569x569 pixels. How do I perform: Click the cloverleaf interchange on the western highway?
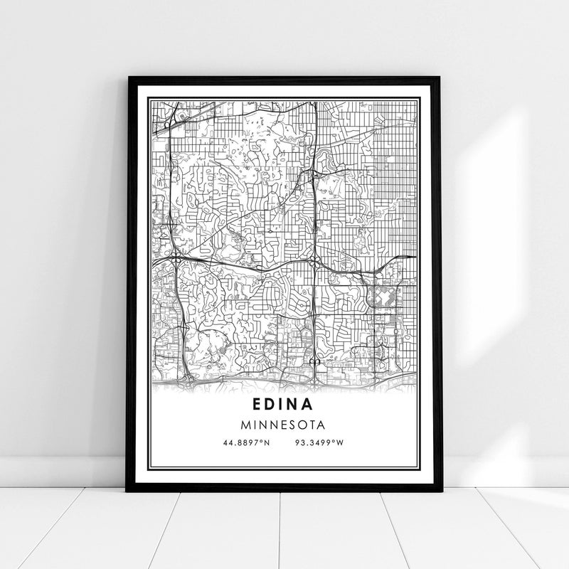tap(175, 255)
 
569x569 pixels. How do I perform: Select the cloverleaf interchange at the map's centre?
tap(312, 262)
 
